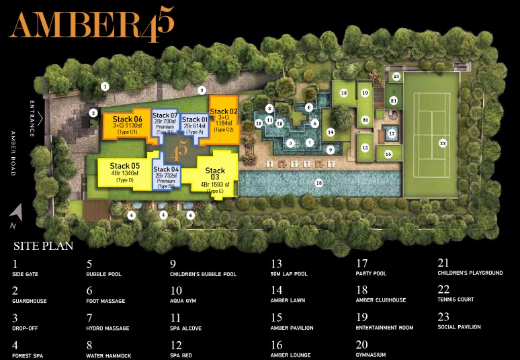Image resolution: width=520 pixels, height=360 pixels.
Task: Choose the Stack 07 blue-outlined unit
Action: pyautogui.click(x=165, y=122)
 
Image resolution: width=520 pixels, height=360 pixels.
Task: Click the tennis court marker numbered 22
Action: pyautogui.click(x=442, y=142)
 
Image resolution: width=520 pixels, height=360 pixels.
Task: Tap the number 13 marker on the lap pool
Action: pyautogui.click(x=318, y=183)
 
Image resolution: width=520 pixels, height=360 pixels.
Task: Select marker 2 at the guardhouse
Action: pyautogui.click(x=93, y=113)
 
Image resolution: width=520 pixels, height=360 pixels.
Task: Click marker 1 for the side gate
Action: pyautogui.click(x=104, y=86)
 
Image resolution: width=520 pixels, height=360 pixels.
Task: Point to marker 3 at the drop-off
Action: pyautogui.click(x=202, y=89)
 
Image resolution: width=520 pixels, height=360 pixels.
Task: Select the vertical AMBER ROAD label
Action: pyautogui.click(x=13, y=154)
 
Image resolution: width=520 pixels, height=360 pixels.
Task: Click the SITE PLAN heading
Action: pyautogui.click(x=43, y=246)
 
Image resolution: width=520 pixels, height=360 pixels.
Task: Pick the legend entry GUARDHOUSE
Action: pyautogui.click(x=29, y=301)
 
